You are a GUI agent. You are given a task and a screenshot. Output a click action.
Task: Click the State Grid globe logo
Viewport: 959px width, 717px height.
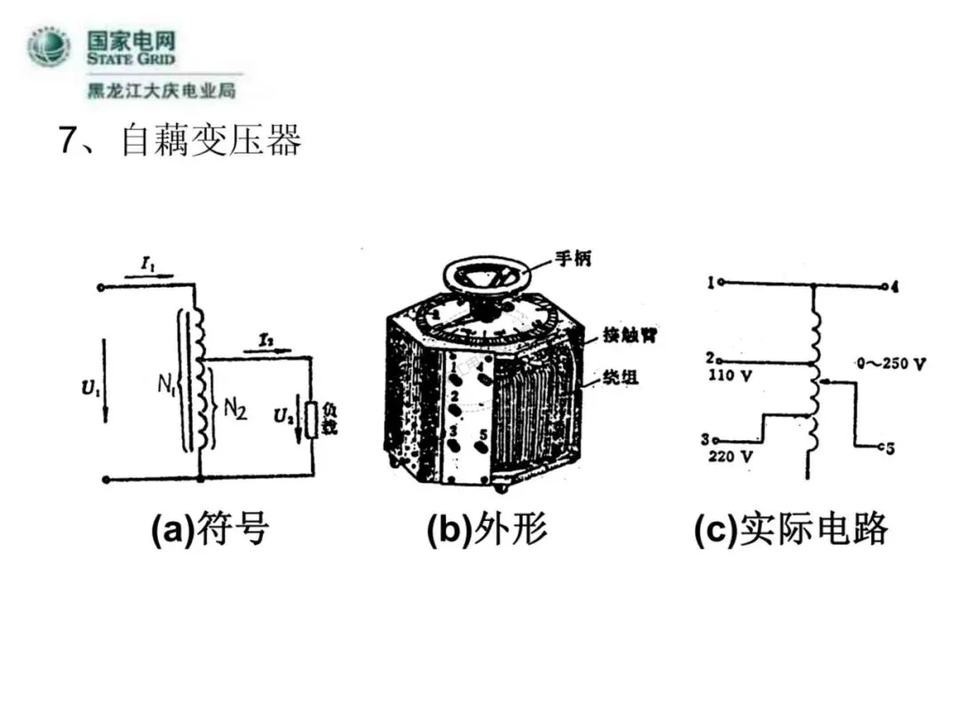coord(49,48)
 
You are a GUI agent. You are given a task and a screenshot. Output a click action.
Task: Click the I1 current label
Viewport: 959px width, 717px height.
coord(147,263)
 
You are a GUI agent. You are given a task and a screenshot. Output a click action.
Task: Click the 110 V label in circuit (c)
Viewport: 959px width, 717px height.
coord(730,375)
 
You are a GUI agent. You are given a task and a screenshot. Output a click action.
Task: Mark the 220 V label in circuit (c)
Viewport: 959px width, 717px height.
coord(730,459)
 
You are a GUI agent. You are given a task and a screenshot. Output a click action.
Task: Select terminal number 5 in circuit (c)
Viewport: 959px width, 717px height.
coord(890,448)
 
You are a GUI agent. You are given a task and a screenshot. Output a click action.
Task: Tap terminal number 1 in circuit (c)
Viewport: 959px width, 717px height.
coord(711,283)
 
